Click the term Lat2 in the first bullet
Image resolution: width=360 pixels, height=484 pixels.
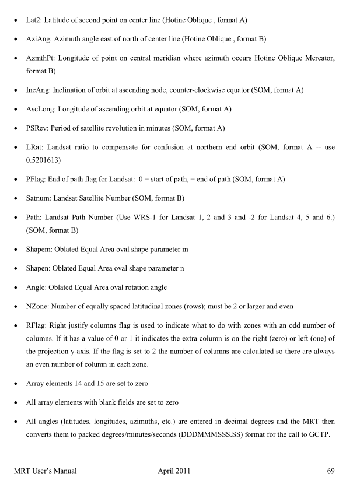coord(34,20)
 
